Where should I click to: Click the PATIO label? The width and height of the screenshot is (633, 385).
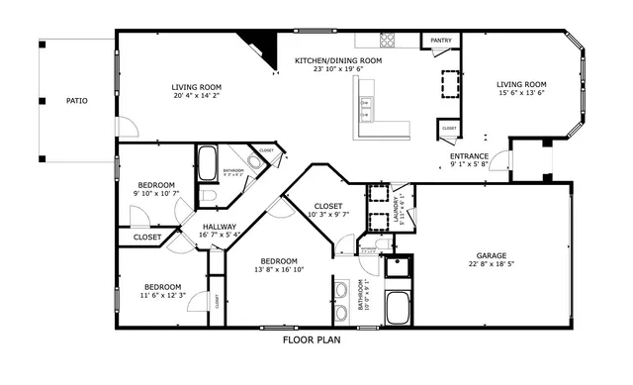tap(75, 101)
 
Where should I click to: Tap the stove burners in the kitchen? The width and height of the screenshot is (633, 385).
tap(388, 41)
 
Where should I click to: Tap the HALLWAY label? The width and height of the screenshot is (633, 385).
tap(220, 226)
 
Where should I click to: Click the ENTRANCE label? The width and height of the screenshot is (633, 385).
tap(469, 156)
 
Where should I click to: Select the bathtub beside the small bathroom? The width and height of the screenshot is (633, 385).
tap(209, 163)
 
